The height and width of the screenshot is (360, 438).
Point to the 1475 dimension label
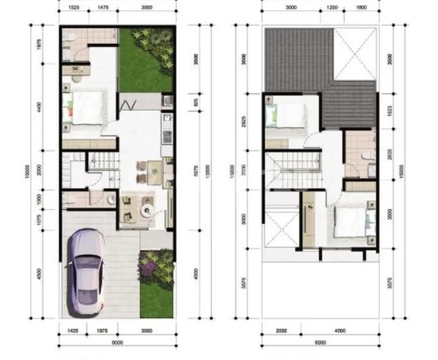tap(102, 7)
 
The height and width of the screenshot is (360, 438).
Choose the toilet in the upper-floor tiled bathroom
tap(366, 155)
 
